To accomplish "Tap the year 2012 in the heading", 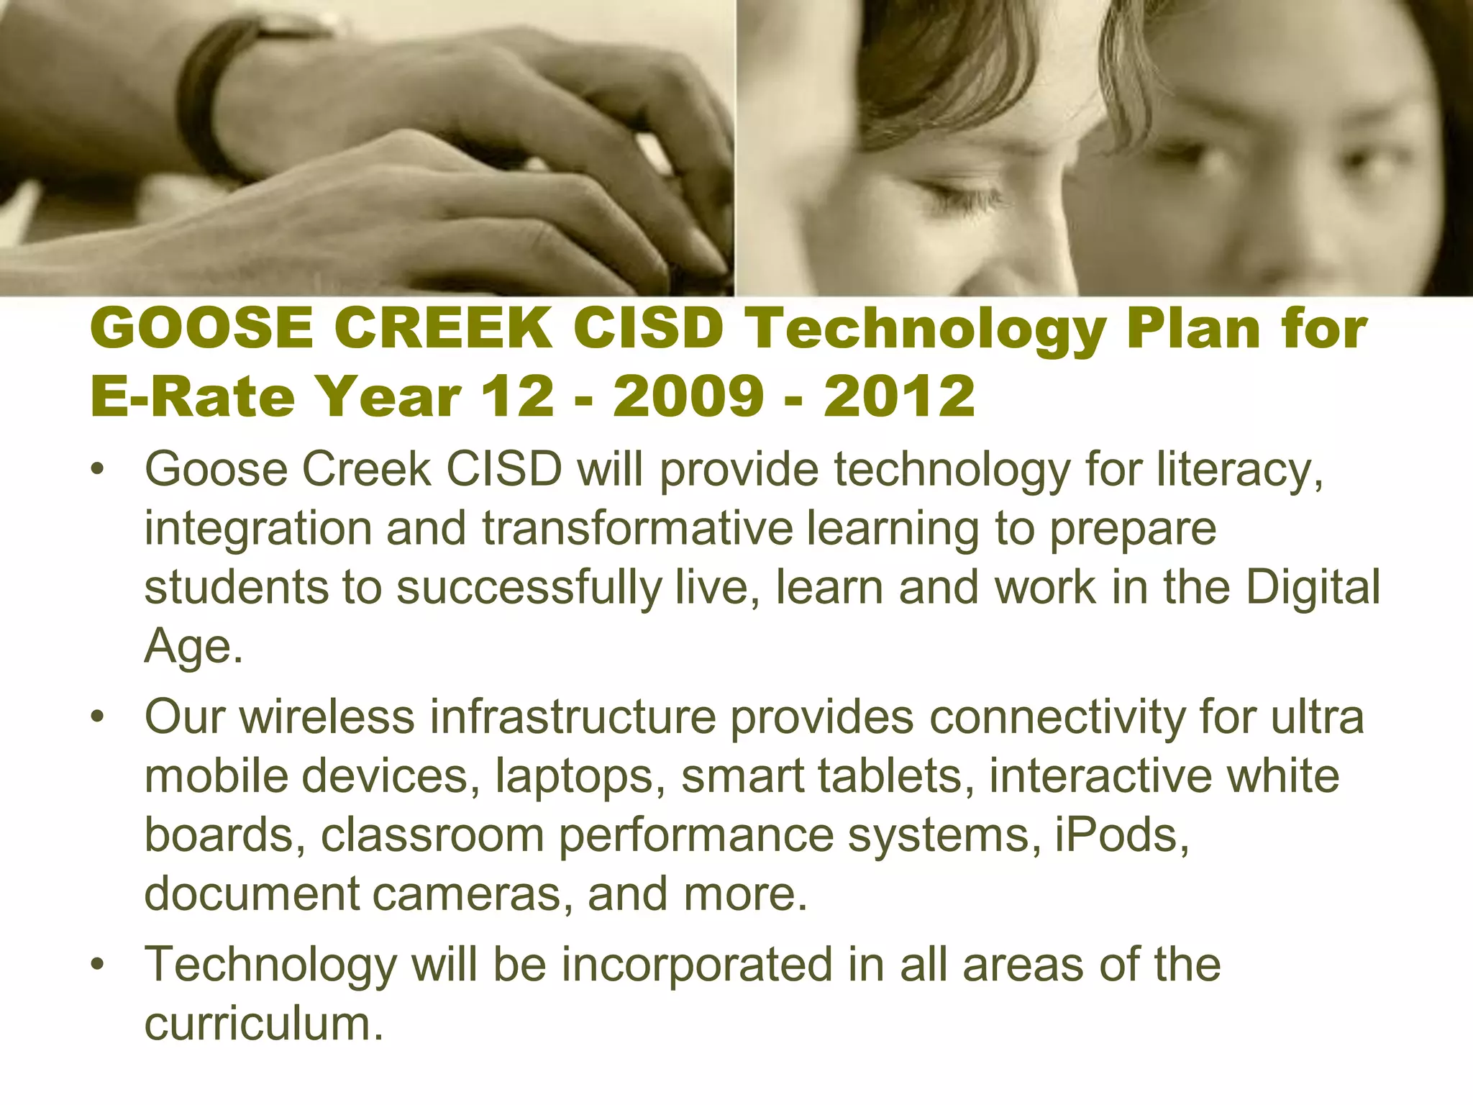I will pyautogui.click(x=899, y=397).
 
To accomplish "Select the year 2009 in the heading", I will pyautogui.click(x=688, y=397).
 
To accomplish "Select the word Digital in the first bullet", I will pyautogui.click(x=1313, y=588).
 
